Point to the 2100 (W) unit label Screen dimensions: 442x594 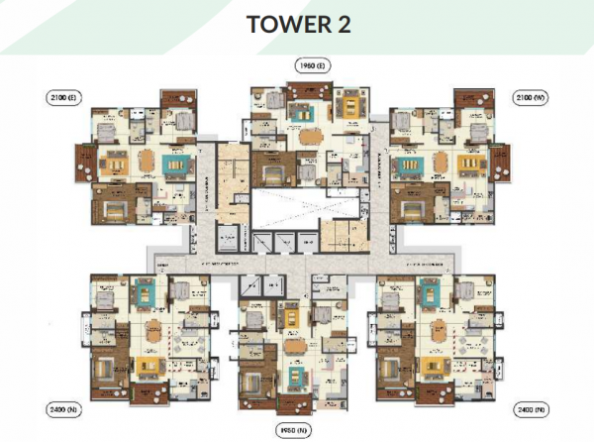529,97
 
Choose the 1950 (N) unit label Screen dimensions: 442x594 290,430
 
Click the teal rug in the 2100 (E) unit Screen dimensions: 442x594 178,164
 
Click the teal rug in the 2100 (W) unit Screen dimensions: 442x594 405,164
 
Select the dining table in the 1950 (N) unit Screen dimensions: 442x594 293,350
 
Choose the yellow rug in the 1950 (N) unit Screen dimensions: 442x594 294,317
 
